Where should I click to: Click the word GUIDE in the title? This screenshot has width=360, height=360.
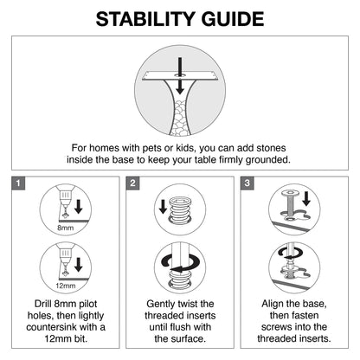click(x=233, y=19)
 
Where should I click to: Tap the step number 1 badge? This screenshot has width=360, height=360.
click(x=18, y=183)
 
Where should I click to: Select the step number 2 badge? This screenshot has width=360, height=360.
click(x=132, y=183)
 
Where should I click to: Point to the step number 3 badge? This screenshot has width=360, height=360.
click(x=247, y=183)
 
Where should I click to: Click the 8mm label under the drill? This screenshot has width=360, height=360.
click(x=66, y=228)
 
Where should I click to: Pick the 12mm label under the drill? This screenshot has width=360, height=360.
click(x=66, y=286)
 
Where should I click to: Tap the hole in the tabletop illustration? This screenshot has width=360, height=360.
click(x=180, y=75)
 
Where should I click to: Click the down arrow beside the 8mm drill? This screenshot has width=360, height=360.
click(x=79, y=207)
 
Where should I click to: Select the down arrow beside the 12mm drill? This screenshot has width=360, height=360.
click(x=79, y=265)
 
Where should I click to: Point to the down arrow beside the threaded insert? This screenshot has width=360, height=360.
click(x=163, y=207)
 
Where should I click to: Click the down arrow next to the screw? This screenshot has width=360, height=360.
click(x=306, y=199)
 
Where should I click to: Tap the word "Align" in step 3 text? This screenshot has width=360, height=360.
click(x=273, y=304)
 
